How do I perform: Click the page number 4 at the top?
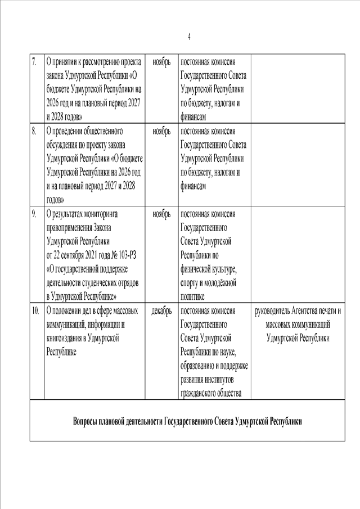189,37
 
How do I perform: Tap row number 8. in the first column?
34,132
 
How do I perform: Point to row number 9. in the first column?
34,214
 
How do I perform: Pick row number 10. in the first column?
35,310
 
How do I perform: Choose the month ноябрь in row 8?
161,132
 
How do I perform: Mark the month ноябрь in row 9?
161,214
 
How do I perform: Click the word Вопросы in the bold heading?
88,422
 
